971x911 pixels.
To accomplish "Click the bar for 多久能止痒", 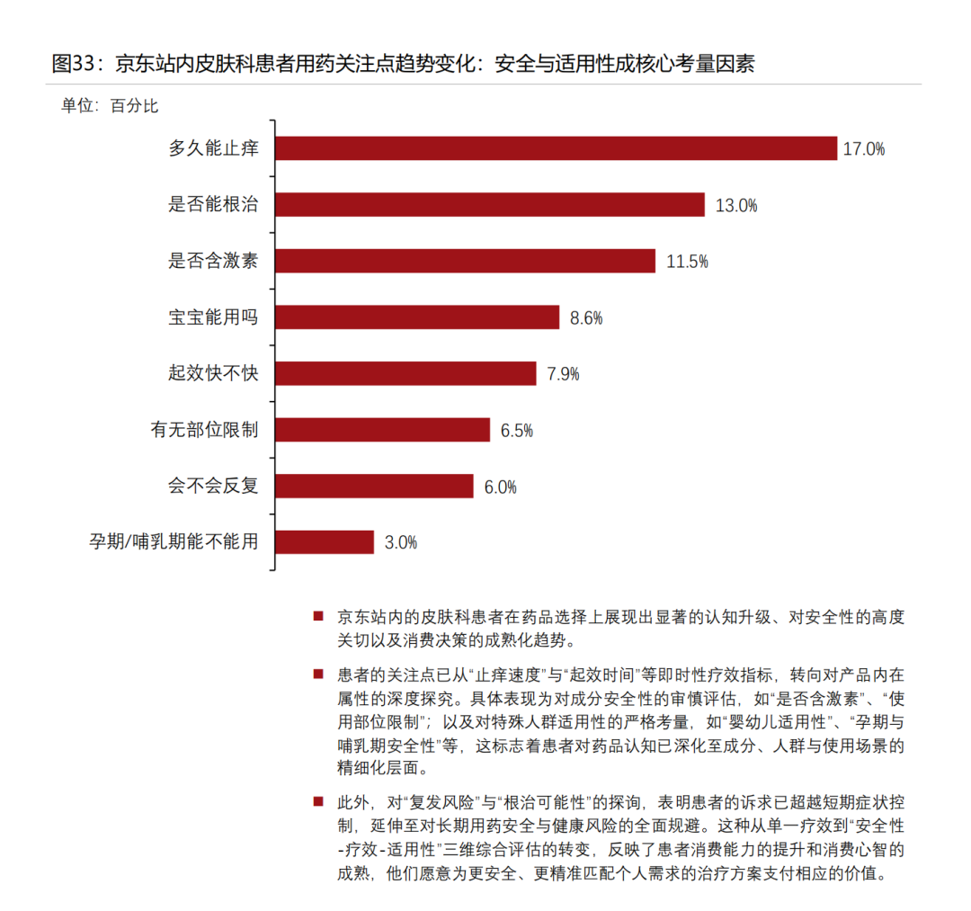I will tap(556, 148).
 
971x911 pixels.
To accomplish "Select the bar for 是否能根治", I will tap(490, 205).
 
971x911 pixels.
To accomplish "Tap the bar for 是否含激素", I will tap(465, 261).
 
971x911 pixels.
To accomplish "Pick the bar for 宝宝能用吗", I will tap(417, 317).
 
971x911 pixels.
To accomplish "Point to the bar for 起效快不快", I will tap(405, 373).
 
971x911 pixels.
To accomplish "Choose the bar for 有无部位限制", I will tap(382, 430).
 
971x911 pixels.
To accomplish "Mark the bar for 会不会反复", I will tap(374, 486).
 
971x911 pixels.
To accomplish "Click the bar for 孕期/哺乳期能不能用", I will tap(325, 542).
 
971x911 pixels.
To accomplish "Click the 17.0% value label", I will tap(864, 149).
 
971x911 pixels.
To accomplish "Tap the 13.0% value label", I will tap(735, 206).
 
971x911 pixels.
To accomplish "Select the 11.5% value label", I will tap(687, 262).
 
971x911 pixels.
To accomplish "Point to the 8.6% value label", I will tap(586, 318).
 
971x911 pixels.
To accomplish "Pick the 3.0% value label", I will tap(401, 543).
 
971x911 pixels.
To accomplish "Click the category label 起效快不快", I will tap(213, 373).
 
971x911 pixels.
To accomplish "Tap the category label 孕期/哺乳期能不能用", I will tap(174, 542).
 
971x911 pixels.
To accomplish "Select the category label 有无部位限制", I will tap(204, 430).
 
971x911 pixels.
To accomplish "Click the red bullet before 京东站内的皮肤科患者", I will tap(317, 616).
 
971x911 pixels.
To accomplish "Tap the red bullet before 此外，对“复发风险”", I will tap(317, 800).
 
